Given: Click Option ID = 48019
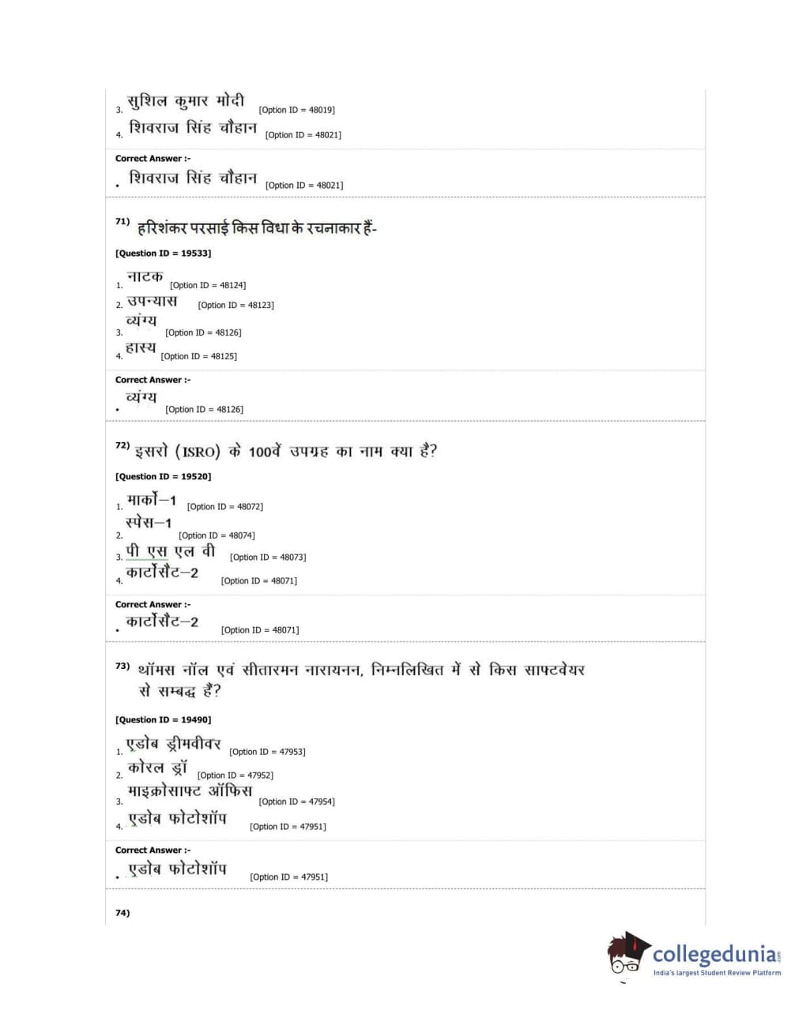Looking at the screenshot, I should (296, 111).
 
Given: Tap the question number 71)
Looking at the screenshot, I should (122, 222).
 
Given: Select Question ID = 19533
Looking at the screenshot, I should (163, 253).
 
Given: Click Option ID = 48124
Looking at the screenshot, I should (208, 286).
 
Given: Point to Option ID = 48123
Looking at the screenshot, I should (235, 305).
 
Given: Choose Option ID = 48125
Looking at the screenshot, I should (198, 357).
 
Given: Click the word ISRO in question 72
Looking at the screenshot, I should (198, 453).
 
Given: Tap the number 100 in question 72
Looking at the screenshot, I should (259, 453).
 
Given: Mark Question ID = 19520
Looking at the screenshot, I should (163, 477).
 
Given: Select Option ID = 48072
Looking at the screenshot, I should (225, 507).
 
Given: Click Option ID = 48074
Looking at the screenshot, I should (217, 535).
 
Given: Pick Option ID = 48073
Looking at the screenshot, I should (268, 558).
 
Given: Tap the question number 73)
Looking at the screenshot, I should (122, 667).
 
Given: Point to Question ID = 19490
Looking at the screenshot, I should (163, 720).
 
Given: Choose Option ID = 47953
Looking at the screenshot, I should (267, 752).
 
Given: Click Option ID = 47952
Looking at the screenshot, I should (235, 776).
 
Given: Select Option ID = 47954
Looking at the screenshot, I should (296, 802).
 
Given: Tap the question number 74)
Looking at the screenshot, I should (122, 913).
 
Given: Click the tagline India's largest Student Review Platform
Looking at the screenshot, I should (717, 973).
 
